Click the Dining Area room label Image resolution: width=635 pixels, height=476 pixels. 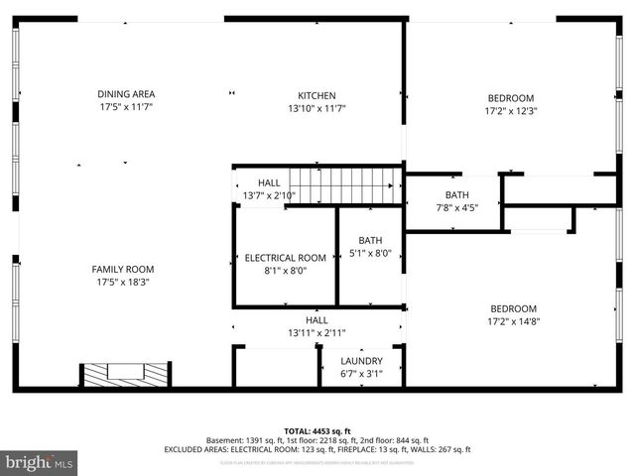coord(125,94)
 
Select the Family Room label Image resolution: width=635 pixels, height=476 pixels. coord(123,269)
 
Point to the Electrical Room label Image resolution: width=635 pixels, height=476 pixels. coord(285,258)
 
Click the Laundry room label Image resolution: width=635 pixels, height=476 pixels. coord(361,361)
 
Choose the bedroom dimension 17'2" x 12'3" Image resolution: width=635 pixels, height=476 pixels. coord(510,111)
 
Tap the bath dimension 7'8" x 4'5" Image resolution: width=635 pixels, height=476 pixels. coord(456,207)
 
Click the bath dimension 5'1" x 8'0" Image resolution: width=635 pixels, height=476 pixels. coord(370,253)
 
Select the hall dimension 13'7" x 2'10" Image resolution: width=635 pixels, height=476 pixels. coord(269,195)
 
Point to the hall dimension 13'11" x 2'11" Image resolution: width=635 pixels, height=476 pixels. coord(317,333)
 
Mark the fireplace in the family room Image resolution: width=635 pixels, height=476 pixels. coord(126,375)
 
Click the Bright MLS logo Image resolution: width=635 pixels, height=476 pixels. coord(40,462)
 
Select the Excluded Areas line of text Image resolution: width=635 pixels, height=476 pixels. coord(317,449)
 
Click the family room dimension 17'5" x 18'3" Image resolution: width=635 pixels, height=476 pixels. coord(123,282)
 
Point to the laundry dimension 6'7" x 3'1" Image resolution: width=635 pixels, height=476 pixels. coord(361,373)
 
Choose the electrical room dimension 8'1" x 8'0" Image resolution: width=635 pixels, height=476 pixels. coord(285,271)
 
